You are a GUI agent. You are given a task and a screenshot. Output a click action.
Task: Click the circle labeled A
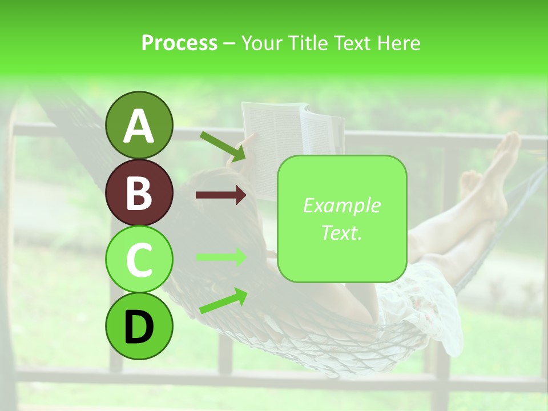[x=139, y=125]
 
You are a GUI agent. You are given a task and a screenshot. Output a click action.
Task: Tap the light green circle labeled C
[x=139, y=259]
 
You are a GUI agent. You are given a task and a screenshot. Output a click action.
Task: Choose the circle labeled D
[x=139, y=326]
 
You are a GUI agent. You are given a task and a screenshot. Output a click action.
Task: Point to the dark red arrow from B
[x=221, y=196]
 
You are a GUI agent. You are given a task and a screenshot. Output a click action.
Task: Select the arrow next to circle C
[x=221, y=257]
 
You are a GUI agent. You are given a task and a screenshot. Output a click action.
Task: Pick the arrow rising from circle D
[x=223, y=301]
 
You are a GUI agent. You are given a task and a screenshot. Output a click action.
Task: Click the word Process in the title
[x=179, y=43]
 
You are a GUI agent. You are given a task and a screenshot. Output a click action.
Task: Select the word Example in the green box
[x=342, y=205]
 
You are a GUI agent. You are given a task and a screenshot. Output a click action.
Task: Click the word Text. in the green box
[x=342, y=233]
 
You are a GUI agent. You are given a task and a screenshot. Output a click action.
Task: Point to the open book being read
[x=291, y=137]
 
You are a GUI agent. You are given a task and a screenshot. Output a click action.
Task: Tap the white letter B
[x=139, y=192]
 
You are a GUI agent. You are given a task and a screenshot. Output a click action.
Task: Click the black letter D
[x=139, y=327]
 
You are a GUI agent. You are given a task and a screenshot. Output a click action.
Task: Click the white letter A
[x=139, y=126]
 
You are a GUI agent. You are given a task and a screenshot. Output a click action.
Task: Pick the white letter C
[x=139, y=260]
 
